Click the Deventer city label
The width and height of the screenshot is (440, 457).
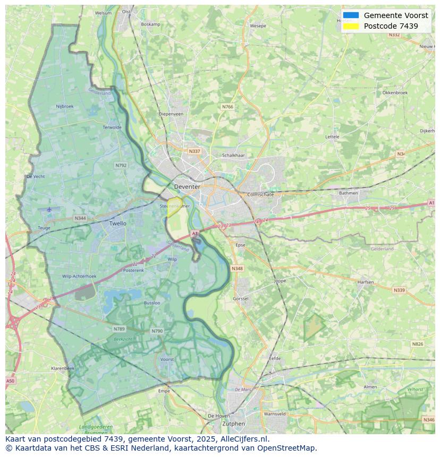(187, 187)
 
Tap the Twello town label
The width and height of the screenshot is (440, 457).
(118, 223)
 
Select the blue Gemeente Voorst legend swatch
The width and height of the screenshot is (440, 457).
(351, 15)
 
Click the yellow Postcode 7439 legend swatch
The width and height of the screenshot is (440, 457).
(351, 26)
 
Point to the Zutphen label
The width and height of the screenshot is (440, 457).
(233, 424)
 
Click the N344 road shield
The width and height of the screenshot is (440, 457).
(80, 218)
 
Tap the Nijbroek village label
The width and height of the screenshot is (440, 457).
(65, 106)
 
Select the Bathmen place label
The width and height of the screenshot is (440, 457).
(349, 193)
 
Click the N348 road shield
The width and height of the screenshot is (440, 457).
(237, 269)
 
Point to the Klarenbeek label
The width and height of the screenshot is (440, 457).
(63, 368)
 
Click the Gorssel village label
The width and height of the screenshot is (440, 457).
(241, 299)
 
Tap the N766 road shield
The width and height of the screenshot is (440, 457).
(227, 107)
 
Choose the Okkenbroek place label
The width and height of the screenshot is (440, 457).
(395, 92)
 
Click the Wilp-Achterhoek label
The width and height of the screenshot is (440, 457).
(79, 276)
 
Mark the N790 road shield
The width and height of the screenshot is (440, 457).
(157, 331)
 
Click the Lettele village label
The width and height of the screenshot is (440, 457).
(332, 136)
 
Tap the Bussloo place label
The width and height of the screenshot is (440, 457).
(152, 303)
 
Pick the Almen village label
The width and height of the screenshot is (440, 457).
(370, 387)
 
